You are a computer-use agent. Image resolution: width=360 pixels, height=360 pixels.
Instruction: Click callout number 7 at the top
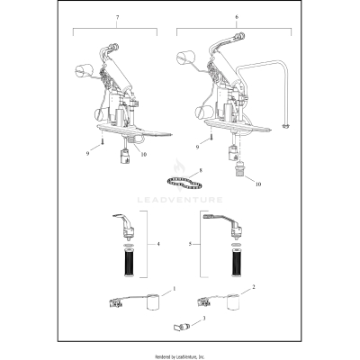pyautogui.click(x=114, y=17)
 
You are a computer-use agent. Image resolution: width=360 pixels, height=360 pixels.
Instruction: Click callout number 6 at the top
pyautogui.click(x=237, y=17)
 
